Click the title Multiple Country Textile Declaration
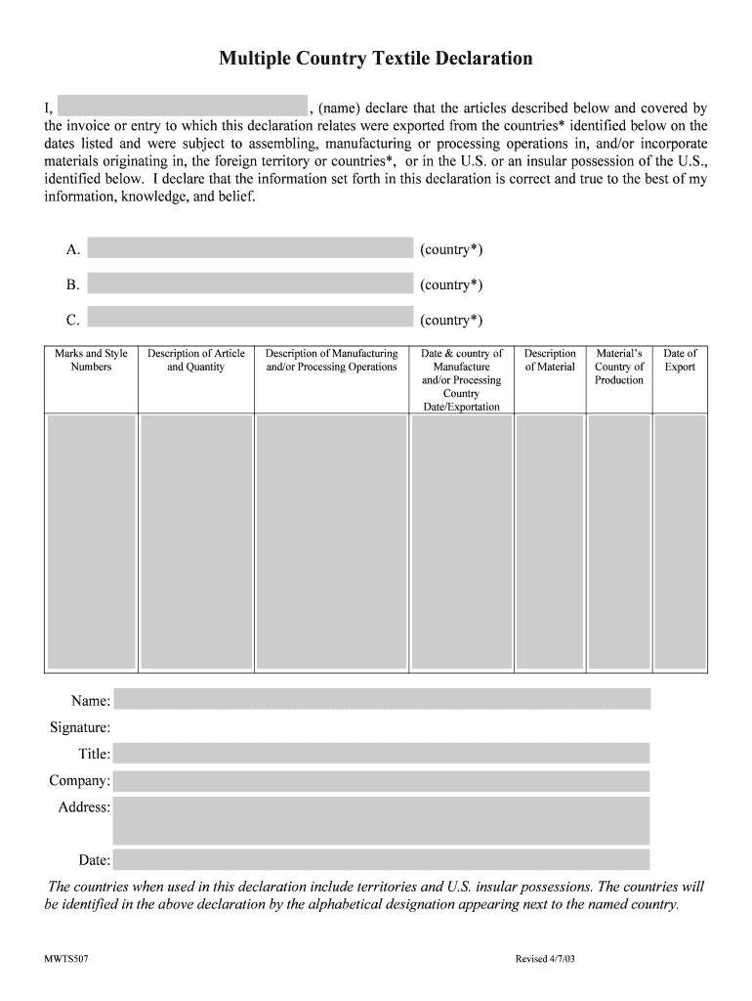376,59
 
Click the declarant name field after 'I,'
183,107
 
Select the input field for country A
250,248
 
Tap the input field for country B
250,283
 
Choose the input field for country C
250,318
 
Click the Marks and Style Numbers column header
91,361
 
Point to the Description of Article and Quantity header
195,361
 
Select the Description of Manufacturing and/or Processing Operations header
331,361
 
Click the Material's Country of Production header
619,367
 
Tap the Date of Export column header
680,361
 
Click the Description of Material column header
550,361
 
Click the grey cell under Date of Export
680,543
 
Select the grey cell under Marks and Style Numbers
91,543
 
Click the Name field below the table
382,699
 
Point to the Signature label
80,727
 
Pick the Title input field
382,753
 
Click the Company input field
382,781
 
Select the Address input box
382,820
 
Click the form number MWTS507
67,959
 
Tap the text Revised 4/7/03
545,959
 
